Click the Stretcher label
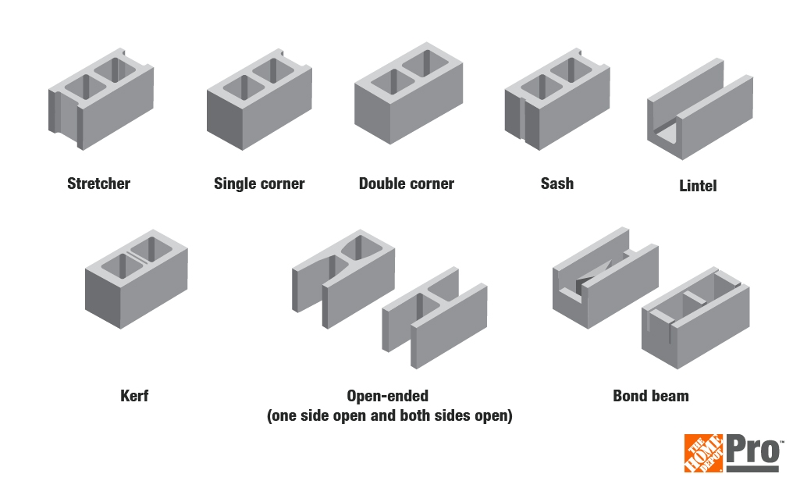click(98, 184)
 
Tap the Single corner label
click(259, 184)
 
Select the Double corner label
click(406, 184)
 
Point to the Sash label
click(556, 184)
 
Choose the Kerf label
click(134, 396)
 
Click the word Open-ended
click(388, 396)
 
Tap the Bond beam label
click(650, 396)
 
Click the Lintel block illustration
click(699, 117)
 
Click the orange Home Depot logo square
click(703, 453)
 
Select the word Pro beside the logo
click(754, 451)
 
